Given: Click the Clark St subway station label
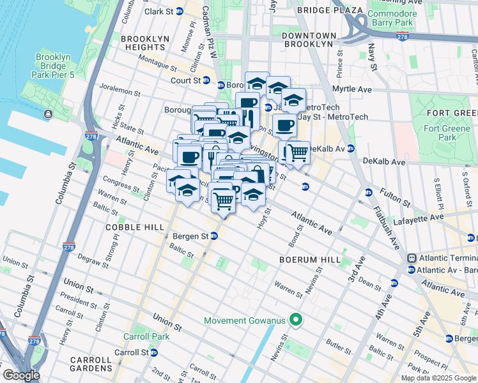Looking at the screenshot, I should point(159,11).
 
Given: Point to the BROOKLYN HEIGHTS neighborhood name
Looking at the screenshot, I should point(144,43).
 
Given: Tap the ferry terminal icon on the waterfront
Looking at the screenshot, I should point(49,114).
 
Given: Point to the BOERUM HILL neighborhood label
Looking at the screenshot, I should point(304,260).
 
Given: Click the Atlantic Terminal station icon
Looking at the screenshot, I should point(412,258).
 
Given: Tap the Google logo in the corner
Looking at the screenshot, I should point(21,375).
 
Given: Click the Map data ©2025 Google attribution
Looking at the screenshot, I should point(438,378).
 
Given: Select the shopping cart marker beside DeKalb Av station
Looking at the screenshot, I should point(297,154).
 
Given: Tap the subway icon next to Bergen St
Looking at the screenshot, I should point(214,236).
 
